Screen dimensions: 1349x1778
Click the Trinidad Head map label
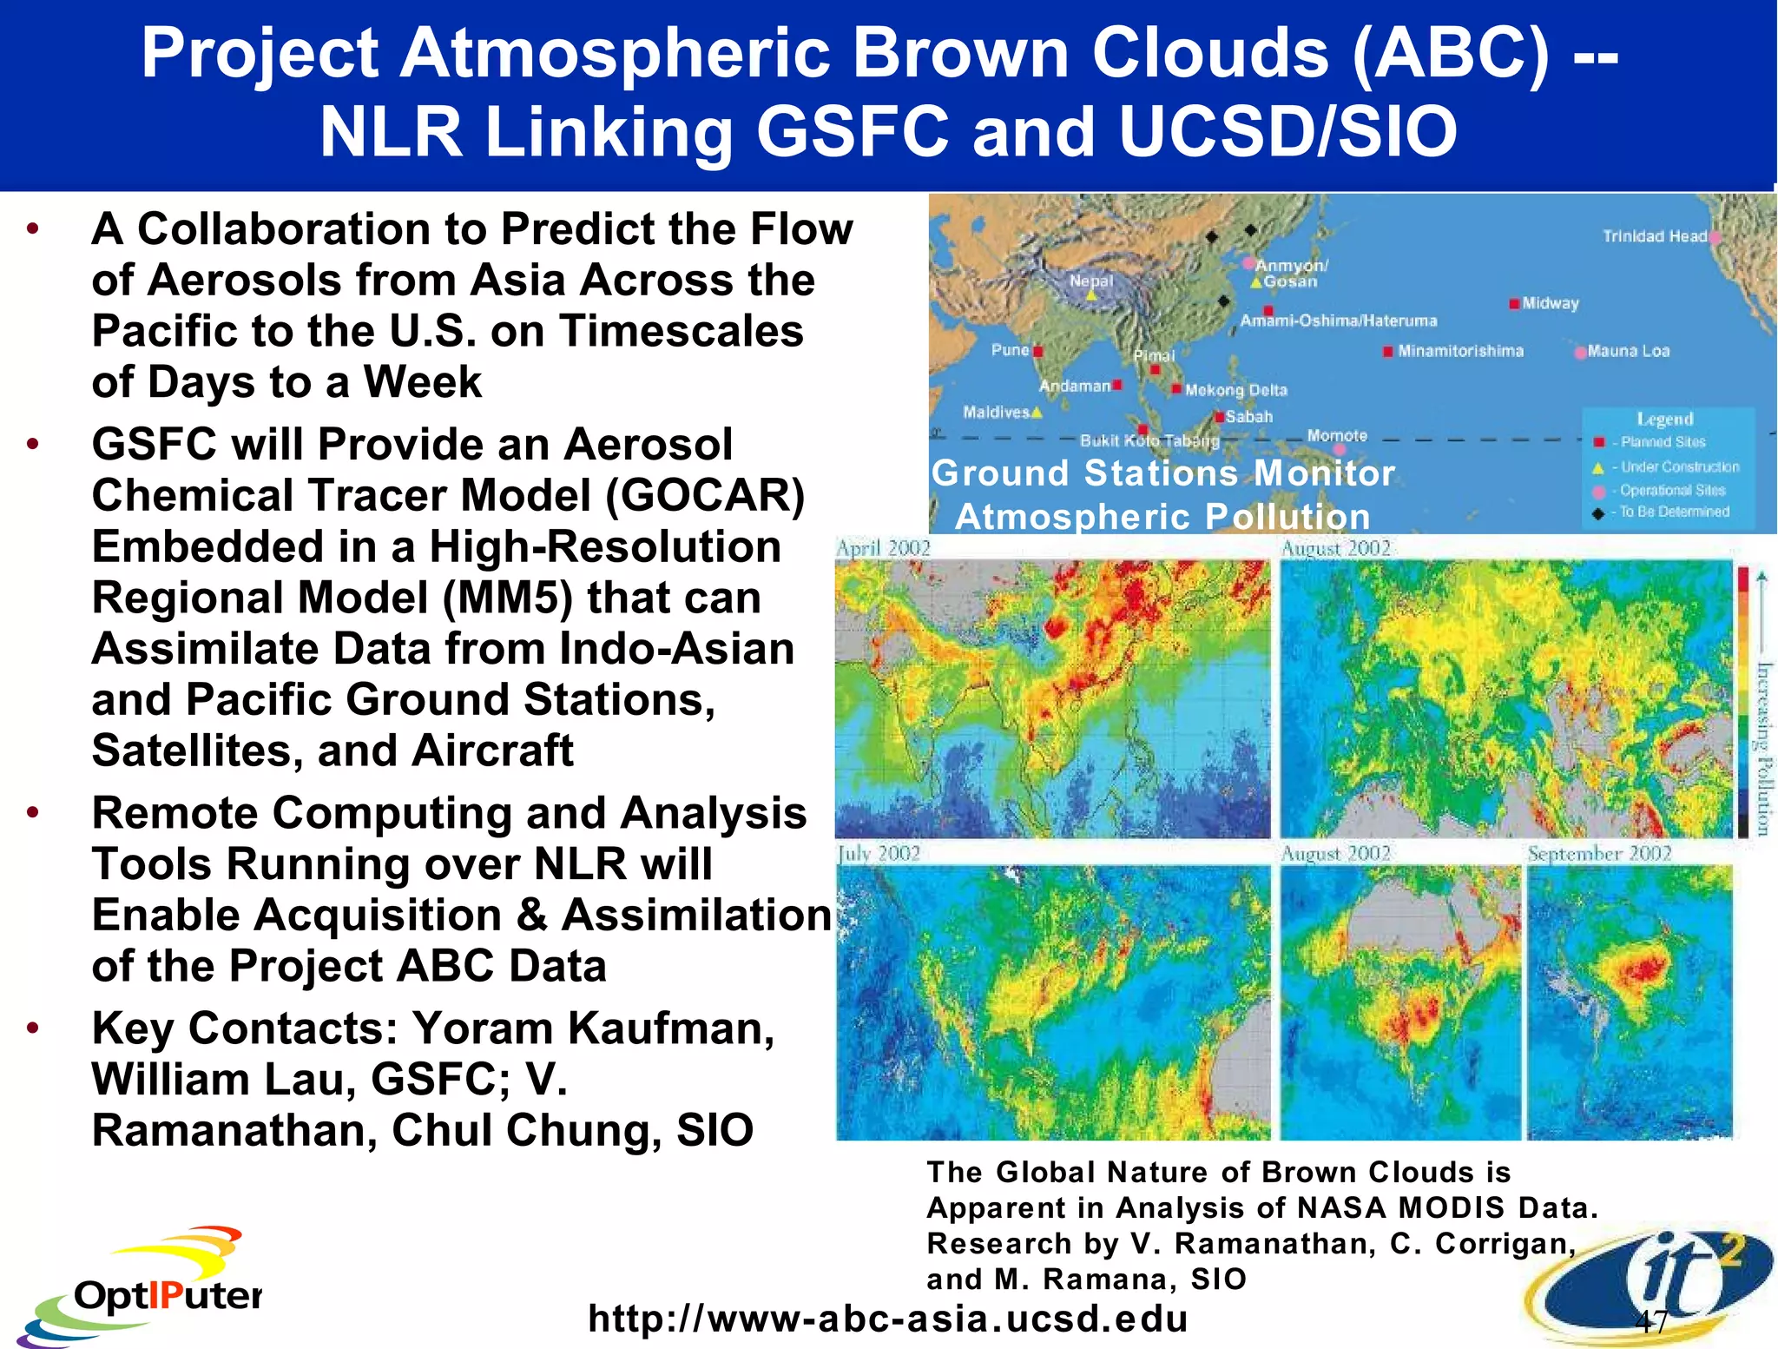pyautogui.click(x=1654, y=236)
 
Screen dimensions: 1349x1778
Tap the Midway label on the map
pyautogui.click(x=1550, y=303)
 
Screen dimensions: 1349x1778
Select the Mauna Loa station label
pyautogui.click(x=1628, y=351)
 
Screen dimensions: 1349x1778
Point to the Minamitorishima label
pyautogui.click(x=1460, y=351)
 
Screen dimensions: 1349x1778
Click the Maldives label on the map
pyautogui.click(x=996, y=412)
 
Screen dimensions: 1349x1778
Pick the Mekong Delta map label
pyautogui.click(x=1235, y=390)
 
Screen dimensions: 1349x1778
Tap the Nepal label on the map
pyautogui.click(x=1090, y=281)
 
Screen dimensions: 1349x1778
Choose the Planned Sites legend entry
pyautogui.click(x=1662, y=442)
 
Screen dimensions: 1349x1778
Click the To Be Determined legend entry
pyautogui.click(x=1674, y=512)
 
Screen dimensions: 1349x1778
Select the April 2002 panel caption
pyautogui.click(x=883, y=548)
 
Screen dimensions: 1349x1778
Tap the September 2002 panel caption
pyautogui.click(x=1599, y=853)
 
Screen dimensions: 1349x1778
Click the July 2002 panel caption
pyautogui.click(x=879, y=853)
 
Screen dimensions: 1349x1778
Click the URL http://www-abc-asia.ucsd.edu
pyautogui.click(x=887, y=1318)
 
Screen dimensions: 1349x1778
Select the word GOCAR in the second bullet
pyautogui.click(x=705, y=496)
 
